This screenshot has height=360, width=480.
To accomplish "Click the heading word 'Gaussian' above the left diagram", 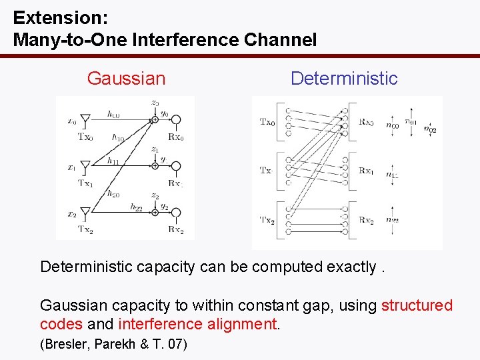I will (126, 79).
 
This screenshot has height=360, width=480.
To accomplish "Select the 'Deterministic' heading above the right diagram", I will (343, 79).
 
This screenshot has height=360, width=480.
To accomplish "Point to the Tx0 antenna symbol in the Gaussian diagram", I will (85, 119).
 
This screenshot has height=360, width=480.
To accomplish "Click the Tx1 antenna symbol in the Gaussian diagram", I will (85, 165).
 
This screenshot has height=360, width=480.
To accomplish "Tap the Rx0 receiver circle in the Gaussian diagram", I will (176, 119).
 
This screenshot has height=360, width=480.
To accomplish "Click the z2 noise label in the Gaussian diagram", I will (154, 195).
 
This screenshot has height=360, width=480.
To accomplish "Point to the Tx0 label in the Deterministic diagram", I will (267, 121).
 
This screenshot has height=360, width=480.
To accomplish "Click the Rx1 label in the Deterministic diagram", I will (365, 171).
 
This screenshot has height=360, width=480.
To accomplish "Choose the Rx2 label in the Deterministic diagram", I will (365, 220).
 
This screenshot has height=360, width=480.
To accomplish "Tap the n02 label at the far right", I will (431, 129).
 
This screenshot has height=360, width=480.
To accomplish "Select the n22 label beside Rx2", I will (393, 220).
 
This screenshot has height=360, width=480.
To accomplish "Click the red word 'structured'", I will (417, 305).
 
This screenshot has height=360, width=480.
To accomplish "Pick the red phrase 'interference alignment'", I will (197, 324).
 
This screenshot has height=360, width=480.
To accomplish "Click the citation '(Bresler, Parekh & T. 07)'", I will (114, 344).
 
